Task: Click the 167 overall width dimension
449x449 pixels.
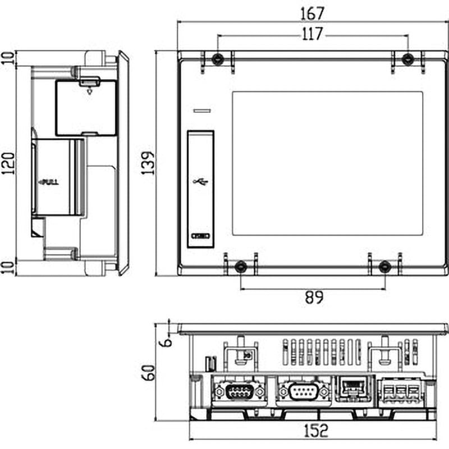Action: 313,12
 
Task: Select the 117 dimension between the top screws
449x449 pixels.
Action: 313,34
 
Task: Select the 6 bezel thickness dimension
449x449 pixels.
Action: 163,340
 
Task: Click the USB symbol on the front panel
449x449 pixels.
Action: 200,182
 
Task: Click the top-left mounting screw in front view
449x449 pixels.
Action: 217,58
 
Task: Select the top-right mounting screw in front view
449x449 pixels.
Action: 409,58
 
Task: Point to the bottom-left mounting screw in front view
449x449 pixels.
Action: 240,267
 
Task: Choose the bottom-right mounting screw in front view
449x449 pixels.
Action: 384,267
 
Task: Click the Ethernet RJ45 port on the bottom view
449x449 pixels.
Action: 351,388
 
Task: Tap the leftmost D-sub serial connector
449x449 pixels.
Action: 237,391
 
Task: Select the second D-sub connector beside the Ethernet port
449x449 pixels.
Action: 303,391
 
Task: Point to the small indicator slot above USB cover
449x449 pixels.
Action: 201,112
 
